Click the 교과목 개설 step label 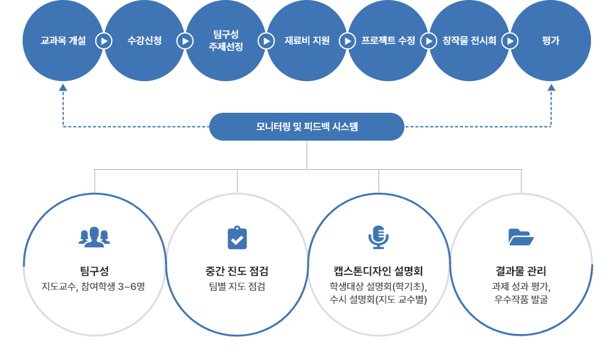point(63,41)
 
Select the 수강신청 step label point(144,41)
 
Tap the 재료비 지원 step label point(307,41)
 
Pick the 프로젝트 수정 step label point(388,41)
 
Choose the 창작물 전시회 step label point(469,41)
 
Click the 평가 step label point(551,41)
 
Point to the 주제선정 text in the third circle point(226,47)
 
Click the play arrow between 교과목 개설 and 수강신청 point(104,41)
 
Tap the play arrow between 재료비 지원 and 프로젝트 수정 point(347,41)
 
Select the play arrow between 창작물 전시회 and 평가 point(510,41)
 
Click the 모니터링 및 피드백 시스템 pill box point(307,126)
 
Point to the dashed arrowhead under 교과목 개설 point(63,87)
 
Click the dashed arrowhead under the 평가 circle point(551,87)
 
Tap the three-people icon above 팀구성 point(94,237)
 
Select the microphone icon point(378,237)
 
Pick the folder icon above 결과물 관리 point(521,237)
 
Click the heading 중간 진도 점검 point(237,271)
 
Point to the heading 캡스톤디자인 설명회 point(378,271)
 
